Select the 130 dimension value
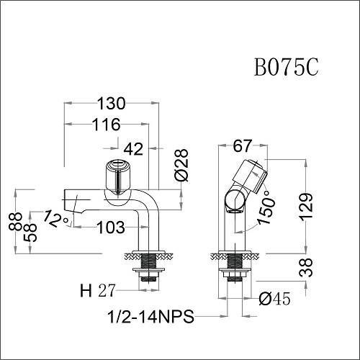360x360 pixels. [112, 102]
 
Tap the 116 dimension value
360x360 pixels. [105, 125]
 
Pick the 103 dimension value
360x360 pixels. [111, 228]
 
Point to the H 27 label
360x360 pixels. [96, 291]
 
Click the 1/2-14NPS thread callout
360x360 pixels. [150, 316]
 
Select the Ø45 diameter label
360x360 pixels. [276, 297]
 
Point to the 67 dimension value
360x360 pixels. [242, 146]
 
